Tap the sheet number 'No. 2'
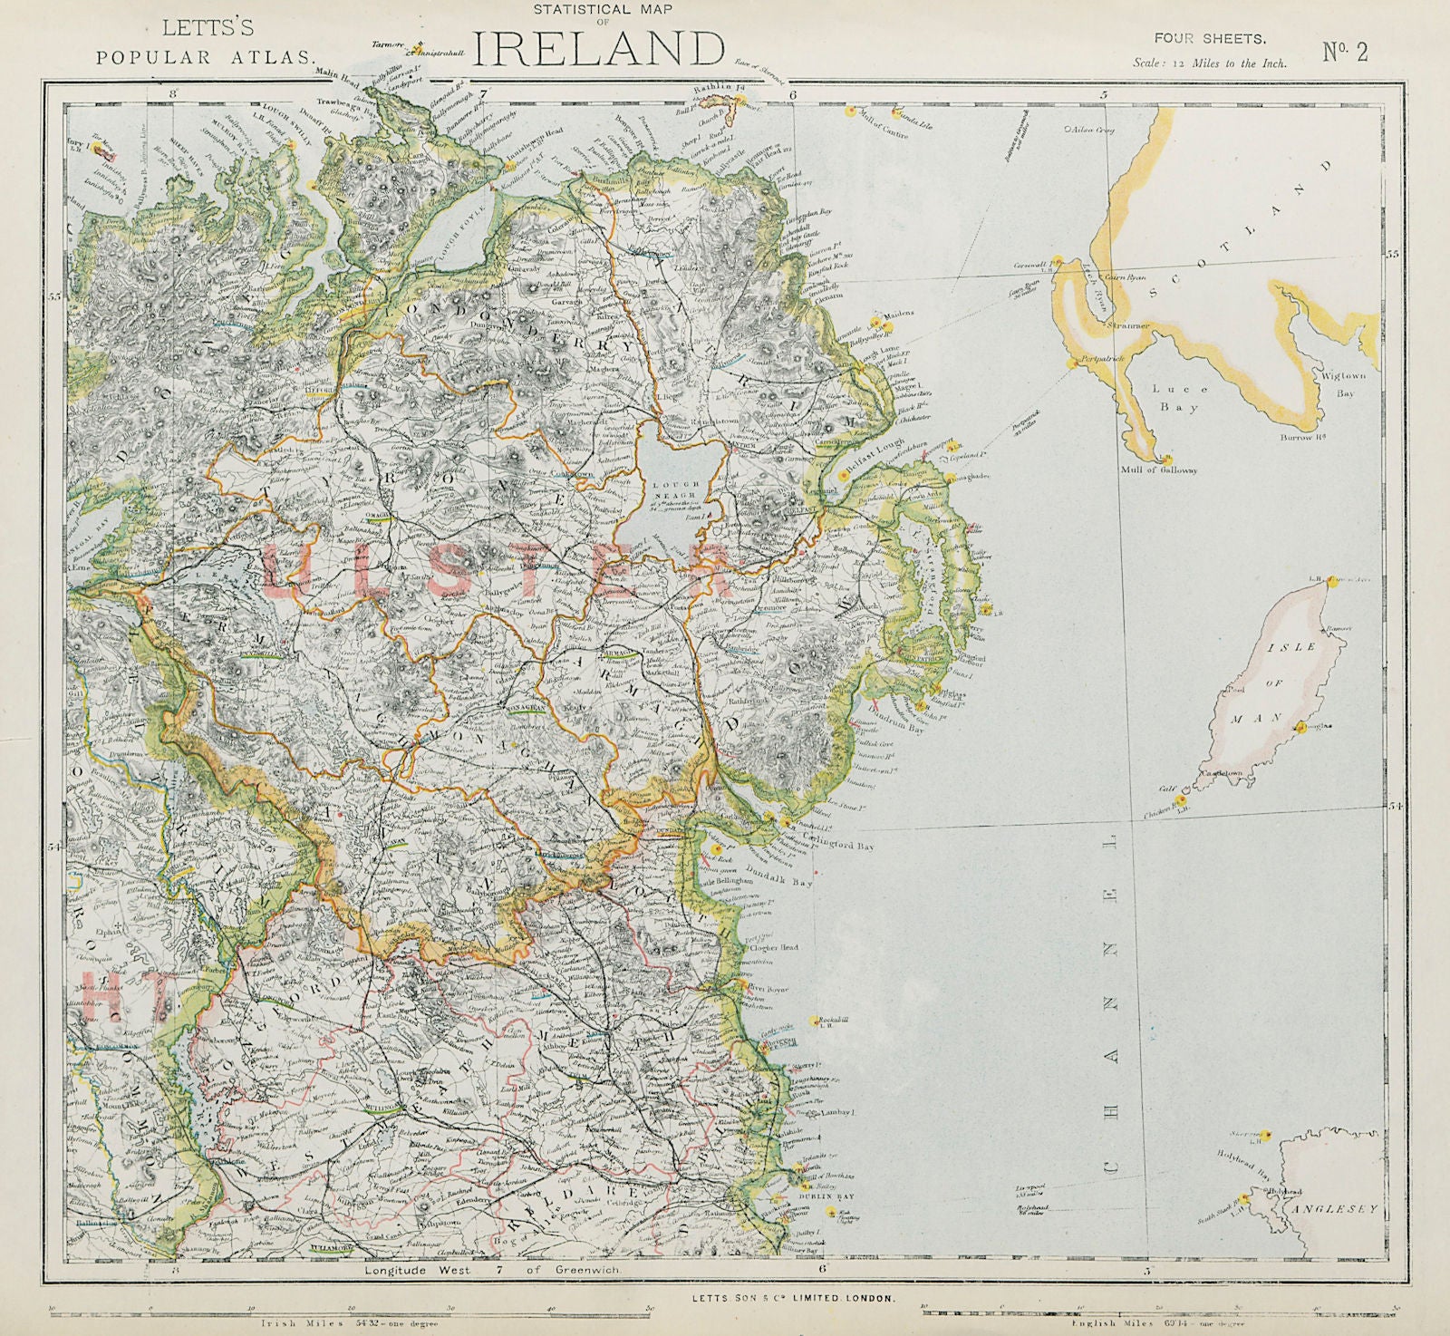point(1346,52)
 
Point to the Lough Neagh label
point(679,493)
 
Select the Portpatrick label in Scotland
point(1100,360)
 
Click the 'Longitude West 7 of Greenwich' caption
point(492,1271)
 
